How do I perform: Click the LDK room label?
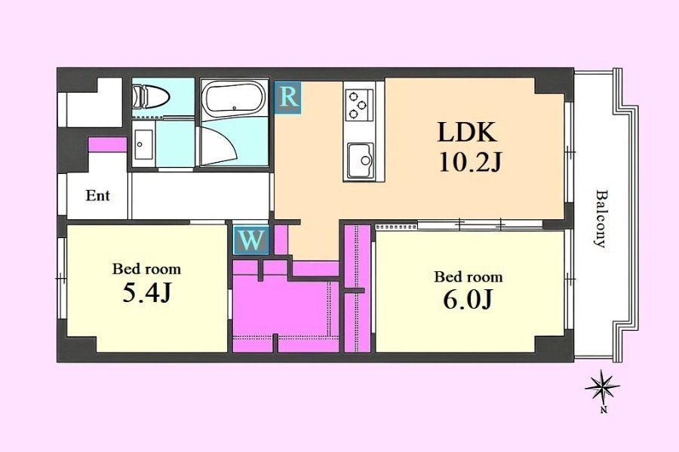click(467, 132)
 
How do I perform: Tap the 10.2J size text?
click(470, 163)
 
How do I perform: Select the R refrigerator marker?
click(288, 97)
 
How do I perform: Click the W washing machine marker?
click(251, 240)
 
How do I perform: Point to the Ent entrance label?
click(97, 196)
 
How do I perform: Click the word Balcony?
click(601, 218)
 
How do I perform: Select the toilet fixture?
click(150, 96)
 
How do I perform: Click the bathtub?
click(235, 97)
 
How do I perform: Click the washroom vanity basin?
click(143, 144)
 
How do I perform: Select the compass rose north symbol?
click(602, 386)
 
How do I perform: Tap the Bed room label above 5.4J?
click(146, 269)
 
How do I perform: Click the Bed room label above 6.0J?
click(468, 276)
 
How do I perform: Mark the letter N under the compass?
click(604, 410)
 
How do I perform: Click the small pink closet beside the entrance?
click(107, 145)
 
